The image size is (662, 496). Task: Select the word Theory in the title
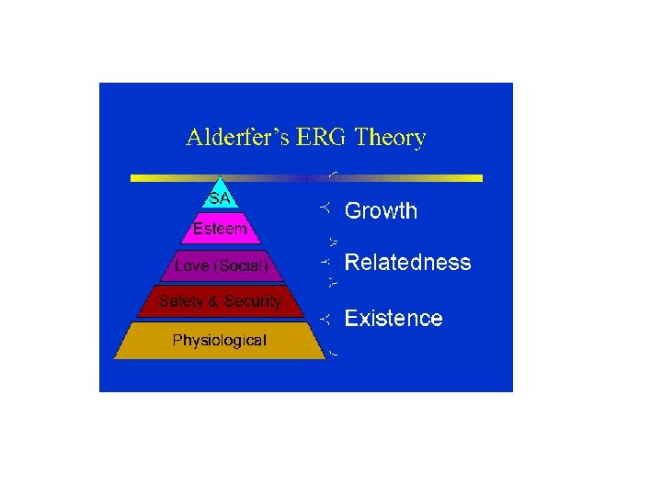pyautogui.click(x=390, y=140)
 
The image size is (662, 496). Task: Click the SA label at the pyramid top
pyautogui.click(x=220, y=198)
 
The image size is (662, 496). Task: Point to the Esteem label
pyautogui.click(x=220, y=229)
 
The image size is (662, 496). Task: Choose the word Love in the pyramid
pyautogui.click(x=191, y=266)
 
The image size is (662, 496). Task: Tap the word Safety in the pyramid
pyautogui.click(x=182, y=301)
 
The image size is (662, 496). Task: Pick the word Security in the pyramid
pyautogui.click(x=253, y=301)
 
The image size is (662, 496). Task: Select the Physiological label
pyautogui.click(x=220, y=341)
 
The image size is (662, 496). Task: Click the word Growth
pyautogui.click(x=381, y=211)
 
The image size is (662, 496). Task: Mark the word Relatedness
pyautogui.click(x=407, y=263)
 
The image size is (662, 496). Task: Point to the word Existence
pyautogui.click(x=394, y=319)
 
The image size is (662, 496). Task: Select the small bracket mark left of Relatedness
pyautogui.click(x=325, y=262)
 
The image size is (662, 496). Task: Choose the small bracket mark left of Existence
pyautogui.click(x=325, y=319)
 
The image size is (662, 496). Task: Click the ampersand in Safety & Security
pyautogui.click(x=215, y=301)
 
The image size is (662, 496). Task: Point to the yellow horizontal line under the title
pyautogui.click(x=414, y=177)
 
